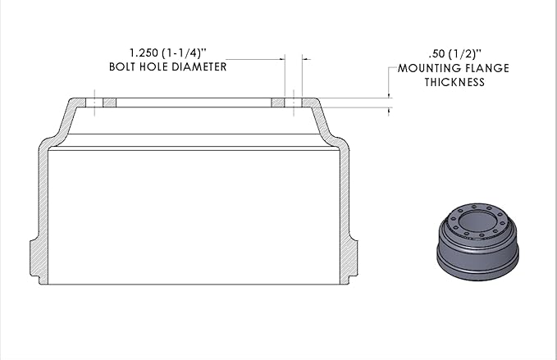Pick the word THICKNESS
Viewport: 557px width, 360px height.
tap(454, 81)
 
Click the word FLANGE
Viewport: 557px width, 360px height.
tap(486, 68)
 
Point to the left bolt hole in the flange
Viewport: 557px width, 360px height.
tap(96, 103)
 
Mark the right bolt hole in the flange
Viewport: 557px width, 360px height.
tap(294, 103)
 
